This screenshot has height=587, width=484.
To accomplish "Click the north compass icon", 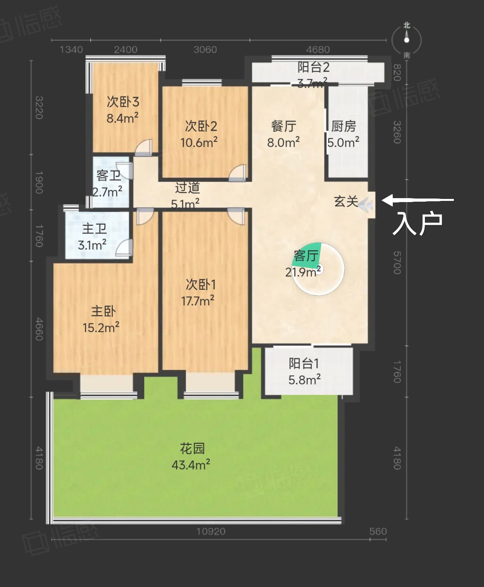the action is pos(406,40).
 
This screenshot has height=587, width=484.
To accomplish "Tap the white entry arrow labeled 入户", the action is pos(418,200).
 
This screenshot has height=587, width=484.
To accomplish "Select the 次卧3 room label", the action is pos(123,102).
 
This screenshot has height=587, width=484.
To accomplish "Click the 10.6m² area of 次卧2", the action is pos(199,142).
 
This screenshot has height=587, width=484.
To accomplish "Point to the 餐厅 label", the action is pos(284,126).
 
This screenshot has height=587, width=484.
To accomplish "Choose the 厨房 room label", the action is pos(343,126).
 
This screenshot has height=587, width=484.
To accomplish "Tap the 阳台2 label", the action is pos(313,67).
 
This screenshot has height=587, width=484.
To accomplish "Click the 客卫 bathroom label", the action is pos(108,176).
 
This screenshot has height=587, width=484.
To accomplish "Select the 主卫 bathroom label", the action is pos(94,229).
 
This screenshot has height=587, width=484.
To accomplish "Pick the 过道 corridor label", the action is pos(188,188).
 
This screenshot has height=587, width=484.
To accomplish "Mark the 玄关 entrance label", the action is pos(346,201).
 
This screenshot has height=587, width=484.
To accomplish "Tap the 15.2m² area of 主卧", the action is pos(101,327).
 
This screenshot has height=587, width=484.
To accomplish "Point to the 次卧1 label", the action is pos(200,285).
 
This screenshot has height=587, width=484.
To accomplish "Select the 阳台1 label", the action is pos(304,363).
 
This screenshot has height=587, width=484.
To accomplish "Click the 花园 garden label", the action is pos(192,449).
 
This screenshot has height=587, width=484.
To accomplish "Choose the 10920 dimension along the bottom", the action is pos(211,531).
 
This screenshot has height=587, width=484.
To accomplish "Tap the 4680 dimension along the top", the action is pos(318,50).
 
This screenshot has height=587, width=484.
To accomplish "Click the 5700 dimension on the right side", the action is pos(397,263).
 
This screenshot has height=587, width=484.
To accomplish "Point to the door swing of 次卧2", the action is pos(238,173).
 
